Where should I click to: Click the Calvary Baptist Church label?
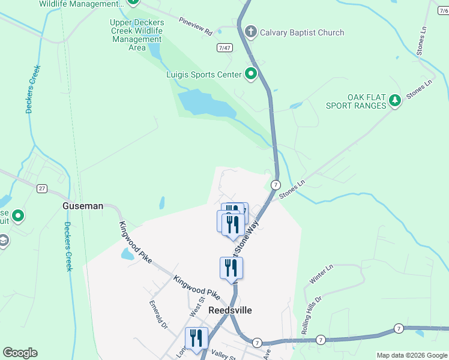tap(302, 33)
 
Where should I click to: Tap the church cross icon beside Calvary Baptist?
tap(251, 32)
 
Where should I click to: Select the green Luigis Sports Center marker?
tap(251, 74)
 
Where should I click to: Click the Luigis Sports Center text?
tap(203, 75)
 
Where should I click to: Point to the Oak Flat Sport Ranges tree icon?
tap(395, 100)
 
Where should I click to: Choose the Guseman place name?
tap(83, 206)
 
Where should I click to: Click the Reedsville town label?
tap(230, 310)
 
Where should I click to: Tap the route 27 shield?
tap(41, 188)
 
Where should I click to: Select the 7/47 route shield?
tap(225, 48)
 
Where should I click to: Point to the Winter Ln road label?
tap(321, 274)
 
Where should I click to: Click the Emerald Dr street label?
tap(158, 315)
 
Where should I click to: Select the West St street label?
tap(197, 307)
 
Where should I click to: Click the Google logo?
tap(20, 353)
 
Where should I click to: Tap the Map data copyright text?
tap(412, 355)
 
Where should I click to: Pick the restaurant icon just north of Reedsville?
tap(231, 268)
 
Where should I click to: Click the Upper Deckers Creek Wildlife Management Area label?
tap(137, 35)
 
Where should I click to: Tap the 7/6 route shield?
tap(442, 3)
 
